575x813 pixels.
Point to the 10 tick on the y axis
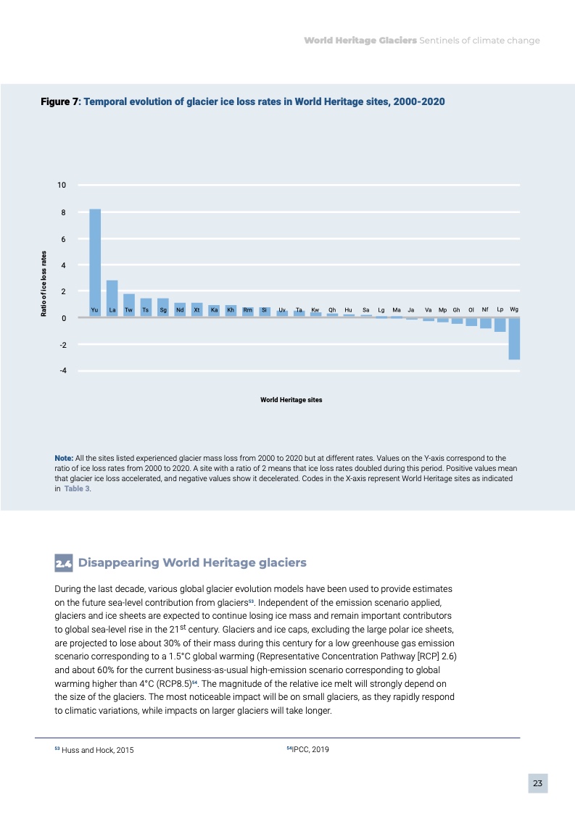62,185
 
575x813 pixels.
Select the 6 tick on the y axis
63,239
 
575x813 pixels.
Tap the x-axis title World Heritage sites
291,400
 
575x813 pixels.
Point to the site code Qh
332,310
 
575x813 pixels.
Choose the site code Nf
486,309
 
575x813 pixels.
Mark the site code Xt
197,310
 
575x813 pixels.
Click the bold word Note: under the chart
65,459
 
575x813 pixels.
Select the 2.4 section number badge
64,563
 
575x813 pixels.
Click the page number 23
537,783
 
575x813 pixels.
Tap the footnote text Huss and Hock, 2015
98,750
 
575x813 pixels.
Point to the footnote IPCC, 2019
310,749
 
